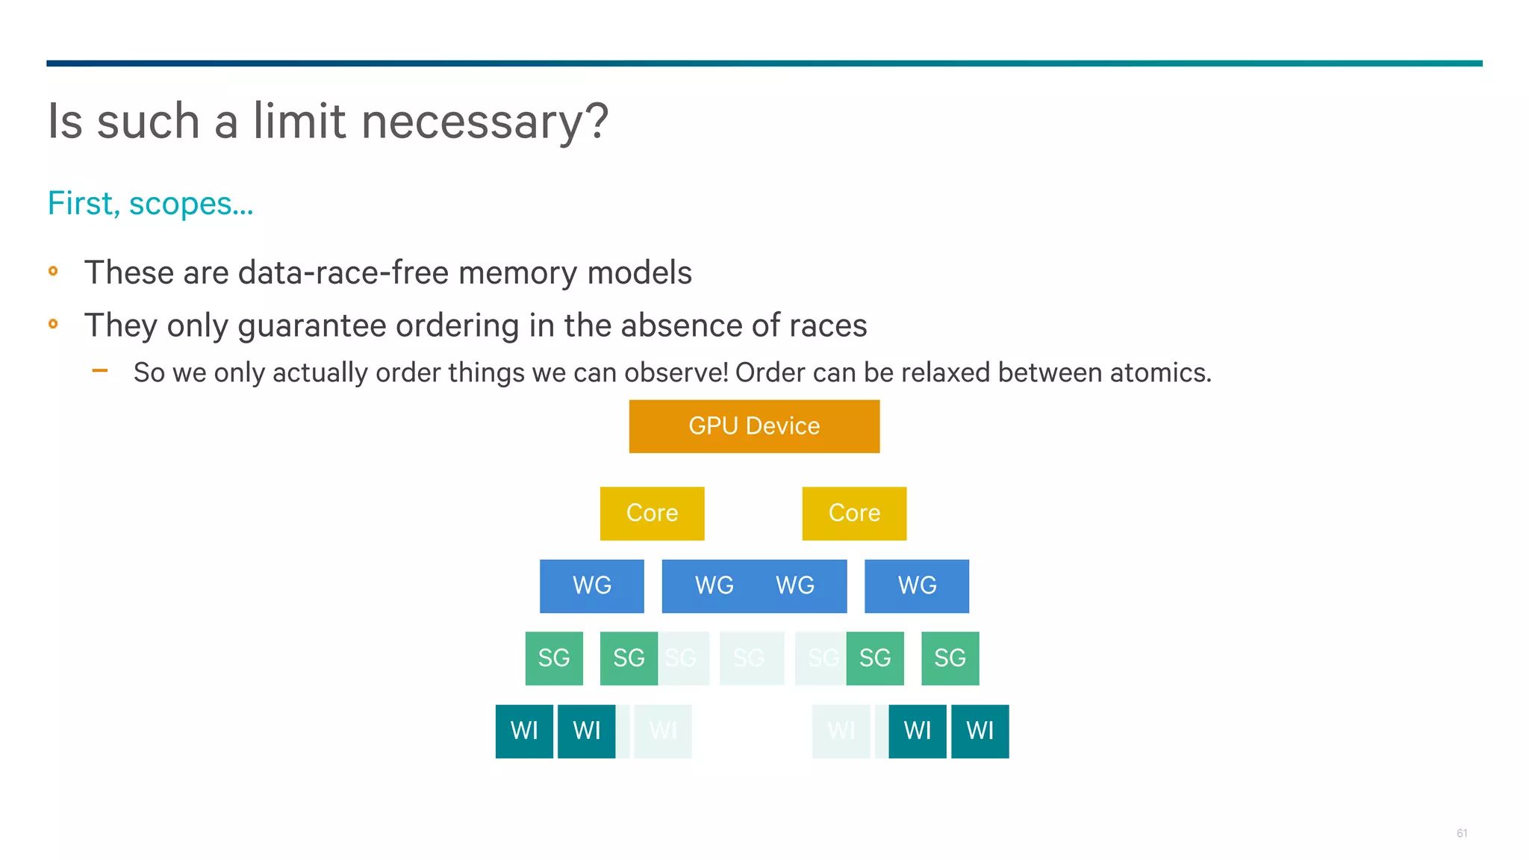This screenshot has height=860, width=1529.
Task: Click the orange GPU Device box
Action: tap(754, 426)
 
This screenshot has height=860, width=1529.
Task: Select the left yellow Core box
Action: tap(652, 514)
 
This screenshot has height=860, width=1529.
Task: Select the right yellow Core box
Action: tap(854, 514)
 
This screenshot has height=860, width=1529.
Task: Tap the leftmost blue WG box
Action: tap(591, 586)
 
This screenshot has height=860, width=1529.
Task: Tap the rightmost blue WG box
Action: tap(917, 586)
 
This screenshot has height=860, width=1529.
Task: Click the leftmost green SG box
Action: tap(554, 658)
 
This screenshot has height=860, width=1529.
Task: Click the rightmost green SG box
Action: tap(950, 658)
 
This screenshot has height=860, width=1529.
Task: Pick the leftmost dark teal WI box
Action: tap(524, 731)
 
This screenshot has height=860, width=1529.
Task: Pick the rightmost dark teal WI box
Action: tap(980, 731)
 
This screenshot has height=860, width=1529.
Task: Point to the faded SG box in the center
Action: tap(751, 658)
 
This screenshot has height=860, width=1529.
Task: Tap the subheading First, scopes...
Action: tap(150, 204)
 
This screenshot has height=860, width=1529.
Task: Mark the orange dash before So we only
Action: tap(100, 370)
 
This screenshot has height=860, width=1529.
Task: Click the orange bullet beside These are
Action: tap(53, 271)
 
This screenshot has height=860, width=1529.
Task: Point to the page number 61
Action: tap(1461, 833)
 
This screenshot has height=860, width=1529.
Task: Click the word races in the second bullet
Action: tap(827, 325)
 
